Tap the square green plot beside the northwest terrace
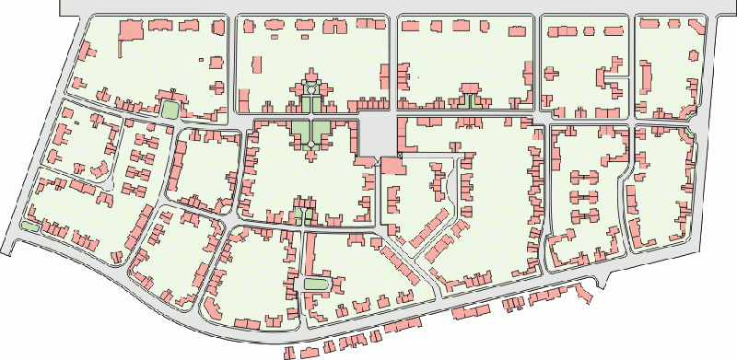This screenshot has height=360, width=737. (170, 110)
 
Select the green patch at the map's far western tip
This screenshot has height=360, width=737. (29, 226)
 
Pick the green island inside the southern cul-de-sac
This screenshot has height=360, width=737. (316, 283)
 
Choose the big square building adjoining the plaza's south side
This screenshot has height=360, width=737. (392, 167)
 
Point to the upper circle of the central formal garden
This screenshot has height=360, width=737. (311, 87)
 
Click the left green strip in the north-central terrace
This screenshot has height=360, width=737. (463, 100)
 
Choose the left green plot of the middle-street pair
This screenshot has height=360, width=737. (298, 216)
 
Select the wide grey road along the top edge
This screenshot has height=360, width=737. (396, 6)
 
